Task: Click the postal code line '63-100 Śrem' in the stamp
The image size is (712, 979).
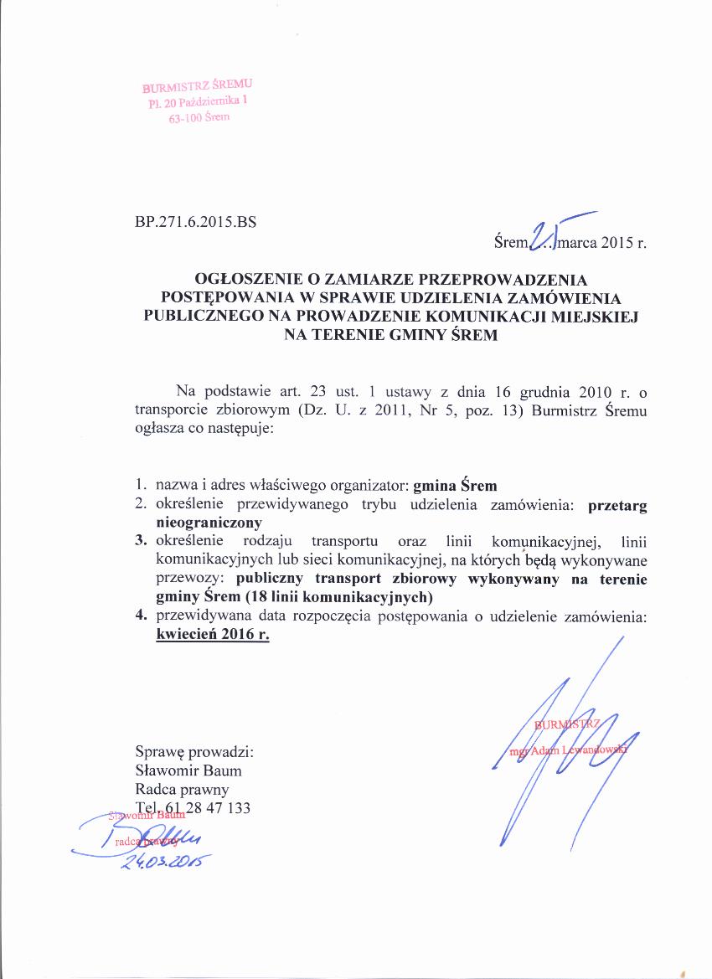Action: point(199,117)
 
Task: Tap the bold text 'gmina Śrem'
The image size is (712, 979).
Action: point(455,486)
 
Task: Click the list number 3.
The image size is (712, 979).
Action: point(141,540)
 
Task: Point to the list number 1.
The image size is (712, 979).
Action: point(141,486)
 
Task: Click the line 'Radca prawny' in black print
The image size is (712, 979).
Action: point(182,789)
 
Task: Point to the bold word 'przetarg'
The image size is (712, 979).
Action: point(617,505)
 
